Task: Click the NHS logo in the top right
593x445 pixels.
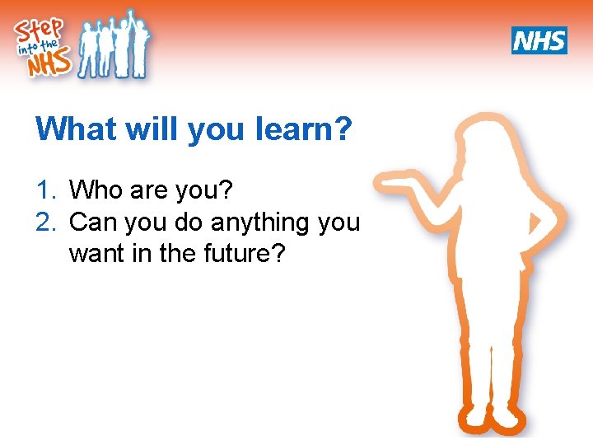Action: [539, 40]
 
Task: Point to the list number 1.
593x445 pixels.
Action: [44, 191]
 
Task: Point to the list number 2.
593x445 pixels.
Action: [44, 222]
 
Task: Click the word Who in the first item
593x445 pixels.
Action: [96, 191]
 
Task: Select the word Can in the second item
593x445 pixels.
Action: [95, 222]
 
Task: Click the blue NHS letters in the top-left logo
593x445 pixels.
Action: [47, 64]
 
